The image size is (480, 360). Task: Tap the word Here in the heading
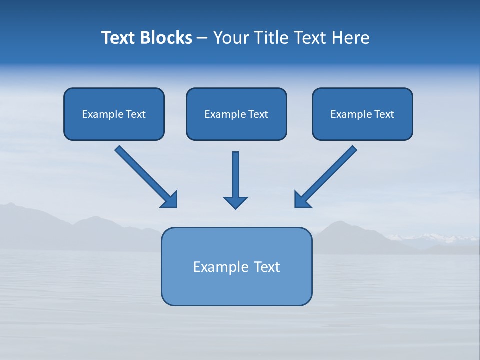352,38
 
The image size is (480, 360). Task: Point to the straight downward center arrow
235,175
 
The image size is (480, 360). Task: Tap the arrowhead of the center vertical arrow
235,202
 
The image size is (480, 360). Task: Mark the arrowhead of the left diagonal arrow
170,200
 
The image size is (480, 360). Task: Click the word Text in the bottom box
267,267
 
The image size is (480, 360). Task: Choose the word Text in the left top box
136,114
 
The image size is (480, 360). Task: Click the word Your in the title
231,38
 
